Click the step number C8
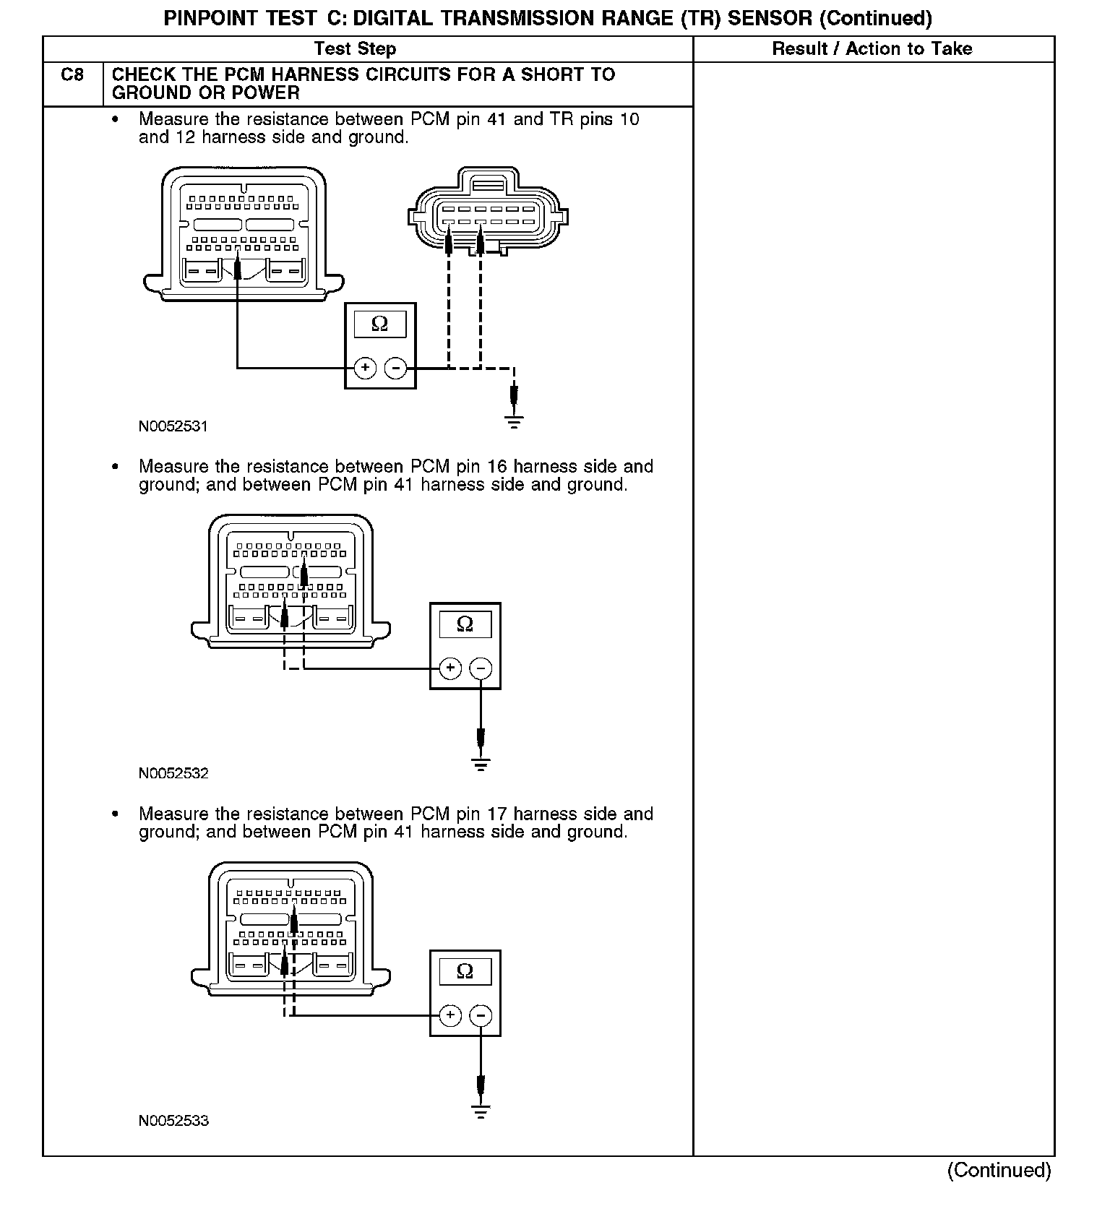(72, 74)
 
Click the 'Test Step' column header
(355, 49)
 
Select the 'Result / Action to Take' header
(872, 49)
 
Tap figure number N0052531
(173, 426)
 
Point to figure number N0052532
(173, 774)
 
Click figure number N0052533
(173, 1122)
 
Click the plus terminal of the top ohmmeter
(365, 369)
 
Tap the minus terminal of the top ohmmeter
(395, 369)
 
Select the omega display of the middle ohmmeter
(465, 624)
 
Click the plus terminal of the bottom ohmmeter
(450, 1015)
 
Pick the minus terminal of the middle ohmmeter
(481, 668)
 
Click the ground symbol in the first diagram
(514, 421)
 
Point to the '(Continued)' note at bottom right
(999, 1170)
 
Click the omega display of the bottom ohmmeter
(465, 972)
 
